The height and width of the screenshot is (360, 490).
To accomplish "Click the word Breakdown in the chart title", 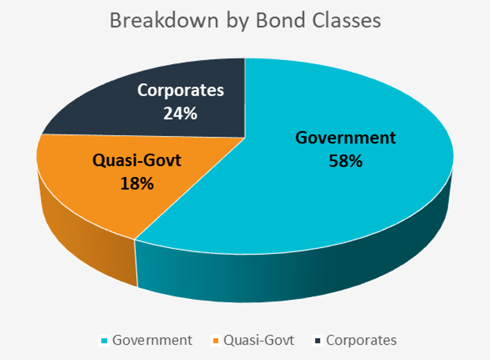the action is [x=164, y=21].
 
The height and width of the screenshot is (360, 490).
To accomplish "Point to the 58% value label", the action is [x=346, y=161].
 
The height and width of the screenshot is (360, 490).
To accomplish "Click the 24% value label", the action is [x=180, y=113].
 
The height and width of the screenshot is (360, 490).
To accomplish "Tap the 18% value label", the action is [x=137, y=183].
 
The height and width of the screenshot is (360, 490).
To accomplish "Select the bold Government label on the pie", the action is [x=346, y=138].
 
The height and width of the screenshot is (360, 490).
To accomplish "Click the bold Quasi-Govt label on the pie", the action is [x=137, y=161].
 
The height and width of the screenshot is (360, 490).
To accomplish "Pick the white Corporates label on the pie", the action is [x=180, y=90].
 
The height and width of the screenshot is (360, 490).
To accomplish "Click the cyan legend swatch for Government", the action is [x=104, y=341].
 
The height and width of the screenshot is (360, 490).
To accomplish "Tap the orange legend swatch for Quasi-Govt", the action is [x=216, y=341].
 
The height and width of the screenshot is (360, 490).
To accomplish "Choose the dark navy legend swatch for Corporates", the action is [x=318, y=341].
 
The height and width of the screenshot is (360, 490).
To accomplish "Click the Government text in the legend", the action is [x=152, y=340].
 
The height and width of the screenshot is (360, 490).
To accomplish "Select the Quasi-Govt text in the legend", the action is [x=259, y=340].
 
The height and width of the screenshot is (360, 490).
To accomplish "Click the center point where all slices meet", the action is [x=245, y=137].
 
